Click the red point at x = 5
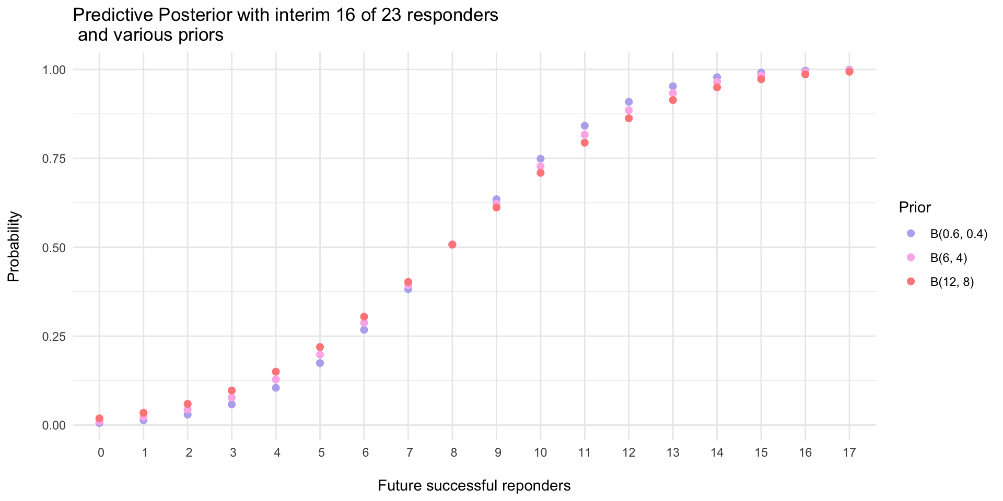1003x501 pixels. point(320,347)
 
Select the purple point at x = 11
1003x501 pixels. point(585,126)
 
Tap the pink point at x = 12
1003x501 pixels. point(629,110)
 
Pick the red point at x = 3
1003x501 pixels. point(232,390)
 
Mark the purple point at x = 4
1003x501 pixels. point(276,388)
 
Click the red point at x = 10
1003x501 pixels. point(541,173)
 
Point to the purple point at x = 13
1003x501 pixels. point(673,86)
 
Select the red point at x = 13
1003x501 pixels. point(673,100)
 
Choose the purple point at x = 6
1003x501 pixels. point(364,330)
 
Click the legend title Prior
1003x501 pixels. point(915,208)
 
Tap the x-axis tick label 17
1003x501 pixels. point(849,453)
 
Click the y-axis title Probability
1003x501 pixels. point(14,247)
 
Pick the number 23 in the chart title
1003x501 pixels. point(391,15)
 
